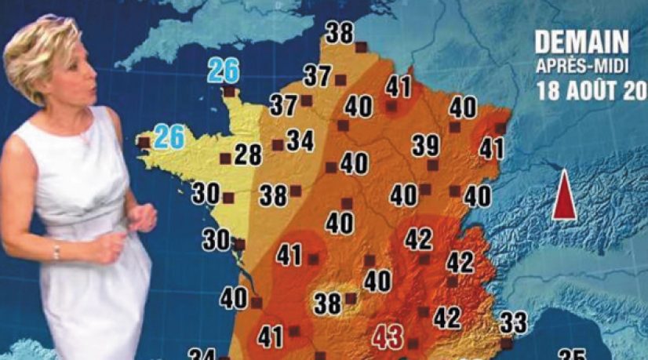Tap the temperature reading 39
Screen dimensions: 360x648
[x=426, y=145]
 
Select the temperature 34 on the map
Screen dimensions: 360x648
[x=300, y=140]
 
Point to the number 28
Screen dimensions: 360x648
[x=248, y=155]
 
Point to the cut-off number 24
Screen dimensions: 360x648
[x=202, y=355]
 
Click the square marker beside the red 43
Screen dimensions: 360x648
[x=413, y=342]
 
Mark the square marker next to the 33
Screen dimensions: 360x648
[x=506, y=342]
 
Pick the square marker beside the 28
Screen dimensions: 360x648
[x=225, y=158]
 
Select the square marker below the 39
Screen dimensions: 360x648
[x=432, y=165]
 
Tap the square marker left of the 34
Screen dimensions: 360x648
[x=278, y=144]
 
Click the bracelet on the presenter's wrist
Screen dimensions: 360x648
[x=56, y=251]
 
